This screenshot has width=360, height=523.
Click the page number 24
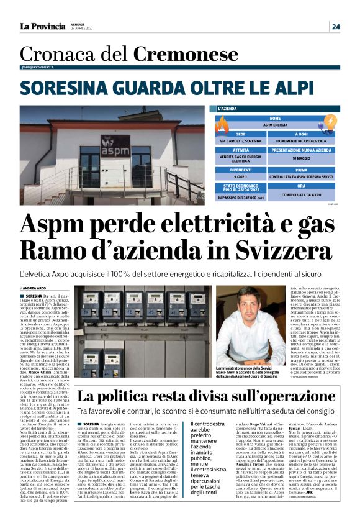[335, 27]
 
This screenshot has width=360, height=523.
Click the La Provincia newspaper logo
[42, 25]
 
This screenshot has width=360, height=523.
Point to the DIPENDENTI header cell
[240, 169]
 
